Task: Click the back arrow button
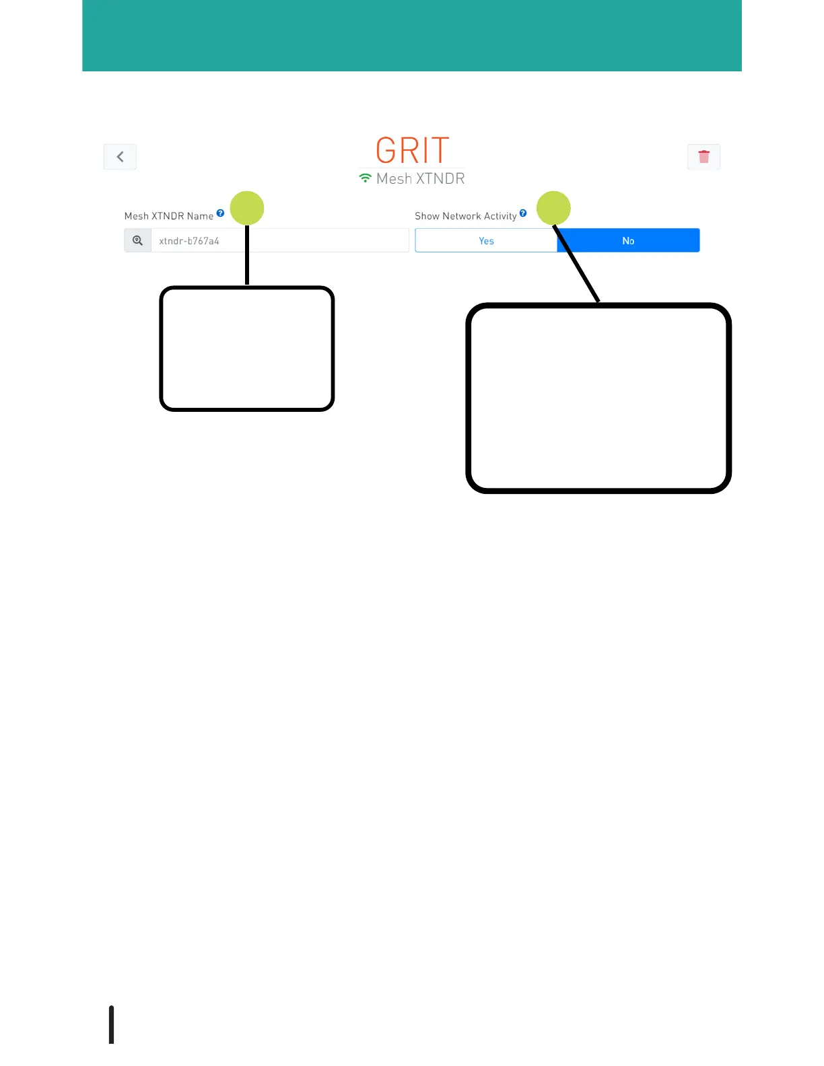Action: [120, 157]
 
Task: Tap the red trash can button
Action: [703, 157]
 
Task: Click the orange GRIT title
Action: [412, 151]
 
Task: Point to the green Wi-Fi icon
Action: [365, 178]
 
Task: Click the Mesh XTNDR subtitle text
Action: [421, 179]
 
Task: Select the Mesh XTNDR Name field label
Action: [168, 216]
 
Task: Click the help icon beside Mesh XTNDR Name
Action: [220, 213]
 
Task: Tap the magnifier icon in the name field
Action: [137, 240]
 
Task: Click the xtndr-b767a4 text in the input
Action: [189, 241]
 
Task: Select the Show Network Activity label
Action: [465, 216]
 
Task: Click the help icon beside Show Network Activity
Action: [523, 213]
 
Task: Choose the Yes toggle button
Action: [486, 241]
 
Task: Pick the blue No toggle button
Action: [628, 241]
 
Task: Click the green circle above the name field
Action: [247, 208]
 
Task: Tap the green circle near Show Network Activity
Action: [553, 208]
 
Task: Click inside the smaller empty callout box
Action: [247, 349]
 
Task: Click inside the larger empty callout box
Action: [598, 398]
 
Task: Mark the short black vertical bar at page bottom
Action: [112, 1024]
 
